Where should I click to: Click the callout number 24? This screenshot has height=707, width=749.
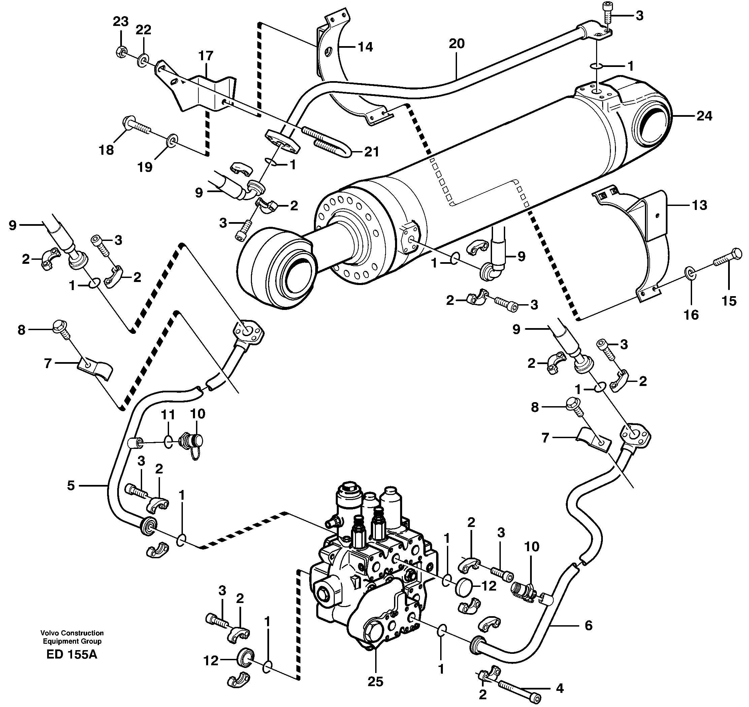pyautogui.click(x=704, y=116)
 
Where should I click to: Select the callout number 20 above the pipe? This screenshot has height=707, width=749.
pyautogui.click(x=456, y=44)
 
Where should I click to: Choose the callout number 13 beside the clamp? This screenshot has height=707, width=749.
pyautogui.click(x=699, y=205)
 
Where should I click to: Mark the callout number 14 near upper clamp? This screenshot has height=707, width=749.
pyautogui.click(x=364, y=47)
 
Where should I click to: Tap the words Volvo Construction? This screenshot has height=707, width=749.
pyautogui.click(x=72, y=633)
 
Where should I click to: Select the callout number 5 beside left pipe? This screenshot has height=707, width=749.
pyautogui.click(x=71, y=486)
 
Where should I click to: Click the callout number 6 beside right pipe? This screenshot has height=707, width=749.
pyautogui.click(x=588, y=626)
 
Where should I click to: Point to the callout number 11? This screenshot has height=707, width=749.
pyautogui.click(x=168, y=415)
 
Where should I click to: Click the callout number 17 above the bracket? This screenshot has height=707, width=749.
pyautogui.click(x=205, y=56)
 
